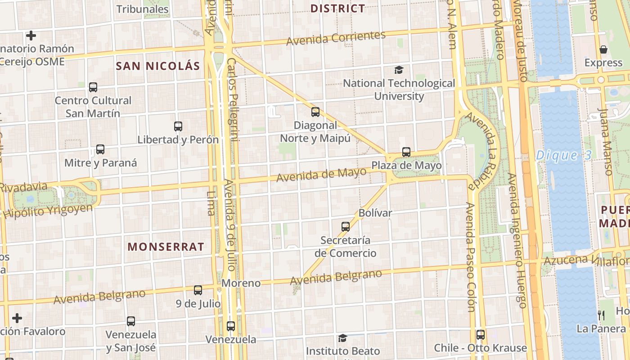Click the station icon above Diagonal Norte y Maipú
tap(315, 112)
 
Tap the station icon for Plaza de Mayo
tap(406, 152)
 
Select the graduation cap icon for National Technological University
tap(399, 70)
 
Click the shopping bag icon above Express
tap(603, 49)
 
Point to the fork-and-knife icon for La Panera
tap(601, 315)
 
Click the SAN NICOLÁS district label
tap(157, 66)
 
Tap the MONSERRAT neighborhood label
tap(166, 247)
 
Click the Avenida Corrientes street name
tap(336, 38)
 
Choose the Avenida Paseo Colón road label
tap(471, 256)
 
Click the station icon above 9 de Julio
tap(198, 290)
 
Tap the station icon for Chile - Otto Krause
tap(481, 335)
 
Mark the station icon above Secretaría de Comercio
tap(346, 227)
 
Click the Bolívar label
tap(376, 213)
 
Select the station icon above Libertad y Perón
tap(178, 126)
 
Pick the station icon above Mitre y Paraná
tap(100, 149)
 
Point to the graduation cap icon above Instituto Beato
tap(343, 338)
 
